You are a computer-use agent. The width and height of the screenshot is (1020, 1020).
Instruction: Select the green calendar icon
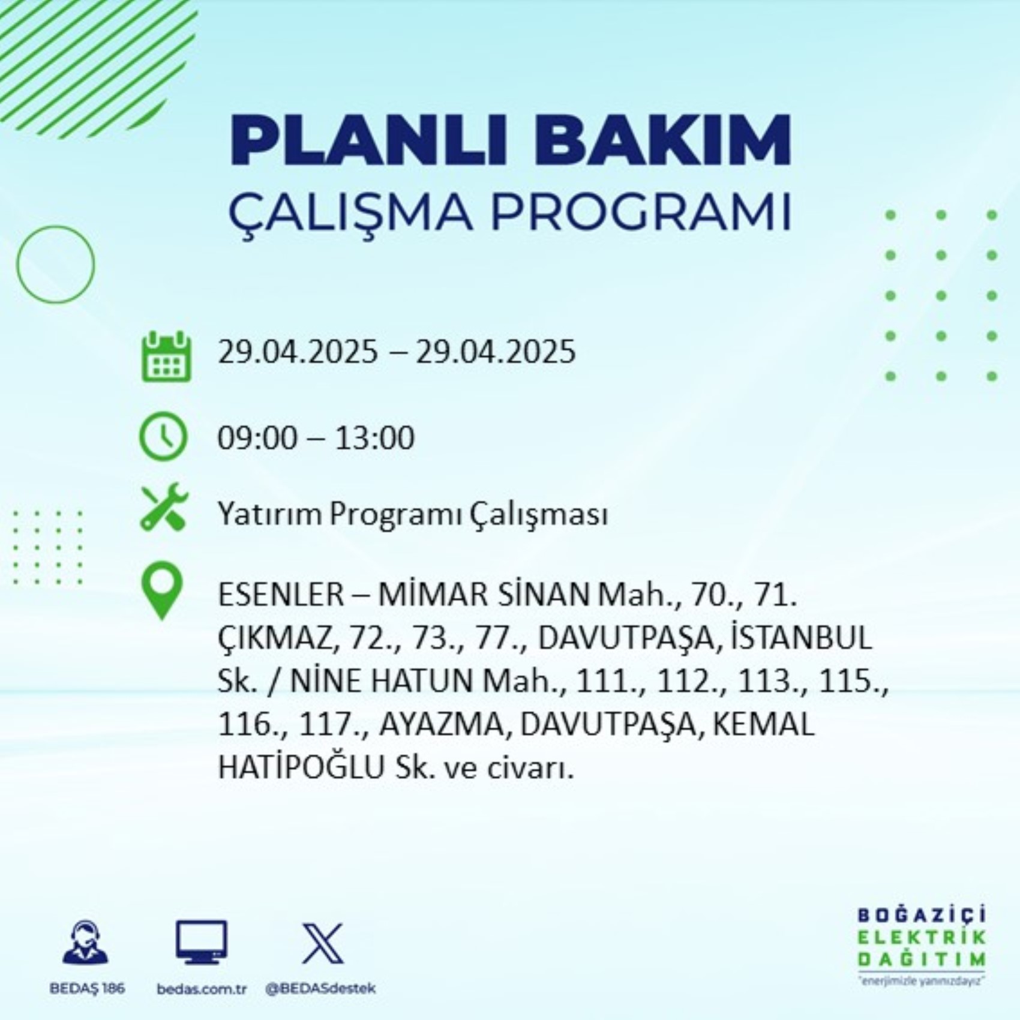pyautogui.click(x=166, y=356)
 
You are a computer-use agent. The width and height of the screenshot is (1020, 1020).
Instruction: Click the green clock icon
pyautogui.click(x=163, y=436)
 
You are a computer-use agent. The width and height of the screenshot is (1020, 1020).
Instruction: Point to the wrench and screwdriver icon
pyautogui.click(x=164, y=507)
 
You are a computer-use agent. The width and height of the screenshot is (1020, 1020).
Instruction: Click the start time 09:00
pyautogui.click(x=257, y=437)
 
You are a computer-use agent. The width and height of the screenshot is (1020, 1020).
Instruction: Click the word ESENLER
pyautogui.click(x=281, y=595)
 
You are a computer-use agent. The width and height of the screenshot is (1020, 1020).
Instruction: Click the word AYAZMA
pyautogui.click(x=441, y=724)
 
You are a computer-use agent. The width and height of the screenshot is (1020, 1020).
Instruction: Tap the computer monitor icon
pyautogui.click(x=201, y=942)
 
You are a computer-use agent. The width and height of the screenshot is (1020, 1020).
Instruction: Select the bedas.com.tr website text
pyautogui.click(x=202, y=989)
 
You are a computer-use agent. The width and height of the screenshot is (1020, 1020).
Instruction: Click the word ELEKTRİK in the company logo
pyautogui.click(x=922, y=937)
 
